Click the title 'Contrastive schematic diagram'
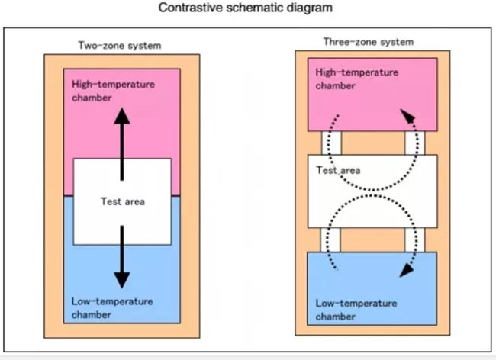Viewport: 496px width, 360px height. (x=246, y=9)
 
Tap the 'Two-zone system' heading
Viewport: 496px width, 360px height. (x=120, y=46)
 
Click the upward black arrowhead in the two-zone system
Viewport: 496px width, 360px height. (x=121, y=114)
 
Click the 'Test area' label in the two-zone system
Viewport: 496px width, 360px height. (x=122, y=202)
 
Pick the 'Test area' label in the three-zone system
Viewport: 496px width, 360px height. (x=338, y=170)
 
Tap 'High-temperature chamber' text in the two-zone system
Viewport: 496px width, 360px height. (x=112, y=90)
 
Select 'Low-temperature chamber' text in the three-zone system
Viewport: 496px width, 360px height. (x=356, y=309)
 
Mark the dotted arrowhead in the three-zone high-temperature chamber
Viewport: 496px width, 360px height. (x=409, y=117)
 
